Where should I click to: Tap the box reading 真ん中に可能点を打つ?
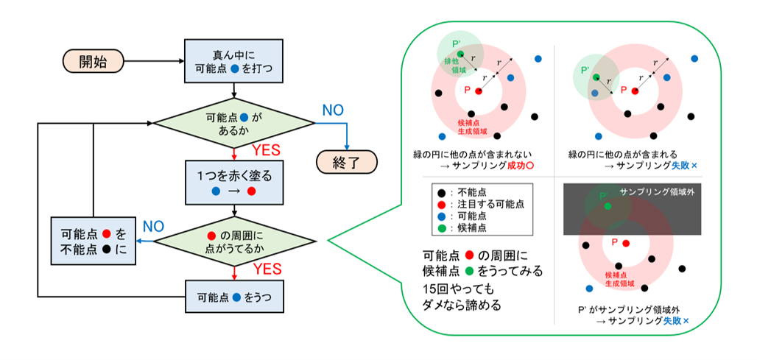pos(233,61)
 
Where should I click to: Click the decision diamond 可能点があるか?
pos(233,123)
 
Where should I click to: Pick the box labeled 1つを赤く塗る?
pos(233,182)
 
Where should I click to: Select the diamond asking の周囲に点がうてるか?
pos(233,241)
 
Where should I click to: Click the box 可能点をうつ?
pos(233,298)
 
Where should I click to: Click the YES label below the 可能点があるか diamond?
pos(267,151)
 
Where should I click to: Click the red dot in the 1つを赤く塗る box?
pos(251,191)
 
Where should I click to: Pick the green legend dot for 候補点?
pos(440,229)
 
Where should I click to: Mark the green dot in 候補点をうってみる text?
pos(470,271)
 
